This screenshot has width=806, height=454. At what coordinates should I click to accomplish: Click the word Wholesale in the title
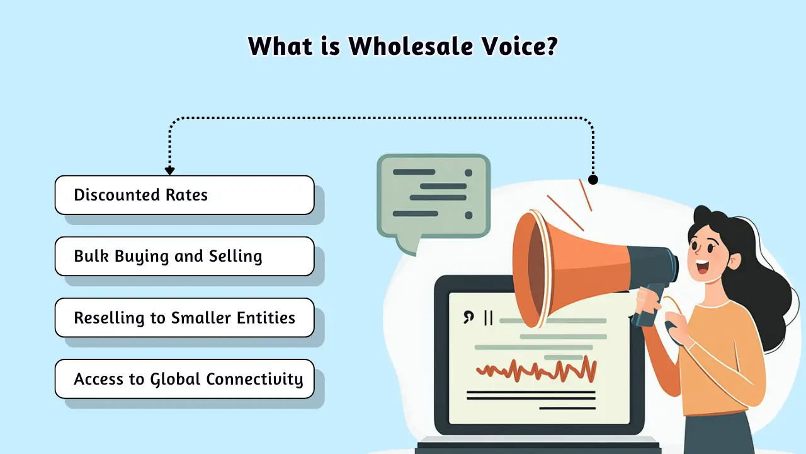[410, 46]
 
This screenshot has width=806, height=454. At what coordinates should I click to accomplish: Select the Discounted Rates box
[184, 195]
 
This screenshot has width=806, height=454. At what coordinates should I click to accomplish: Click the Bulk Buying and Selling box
[184, 256]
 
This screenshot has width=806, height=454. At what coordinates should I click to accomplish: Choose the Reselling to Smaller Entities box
[184, 317]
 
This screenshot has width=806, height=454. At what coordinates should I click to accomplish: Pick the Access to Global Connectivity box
[184, 379]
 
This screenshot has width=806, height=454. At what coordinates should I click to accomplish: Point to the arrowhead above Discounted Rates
[170, 171]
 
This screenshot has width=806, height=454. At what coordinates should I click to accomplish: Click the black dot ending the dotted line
[593, 180]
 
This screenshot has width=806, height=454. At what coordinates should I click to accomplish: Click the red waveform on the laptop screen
[536, 370]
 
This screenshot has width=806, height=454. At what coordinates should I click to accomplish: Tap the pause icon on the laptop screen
[488, 318]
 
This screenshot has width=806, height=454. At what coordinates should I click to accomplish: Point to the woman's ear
[734, 261]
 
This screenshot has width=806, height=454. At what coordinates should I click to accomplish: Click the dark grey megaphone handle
[648, 306]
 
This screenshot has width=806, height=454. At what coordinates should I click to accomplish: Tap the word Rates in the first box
[186, 195]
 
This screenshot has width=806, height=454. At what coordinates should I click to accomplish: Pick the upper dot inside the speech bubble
[468, 173]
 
